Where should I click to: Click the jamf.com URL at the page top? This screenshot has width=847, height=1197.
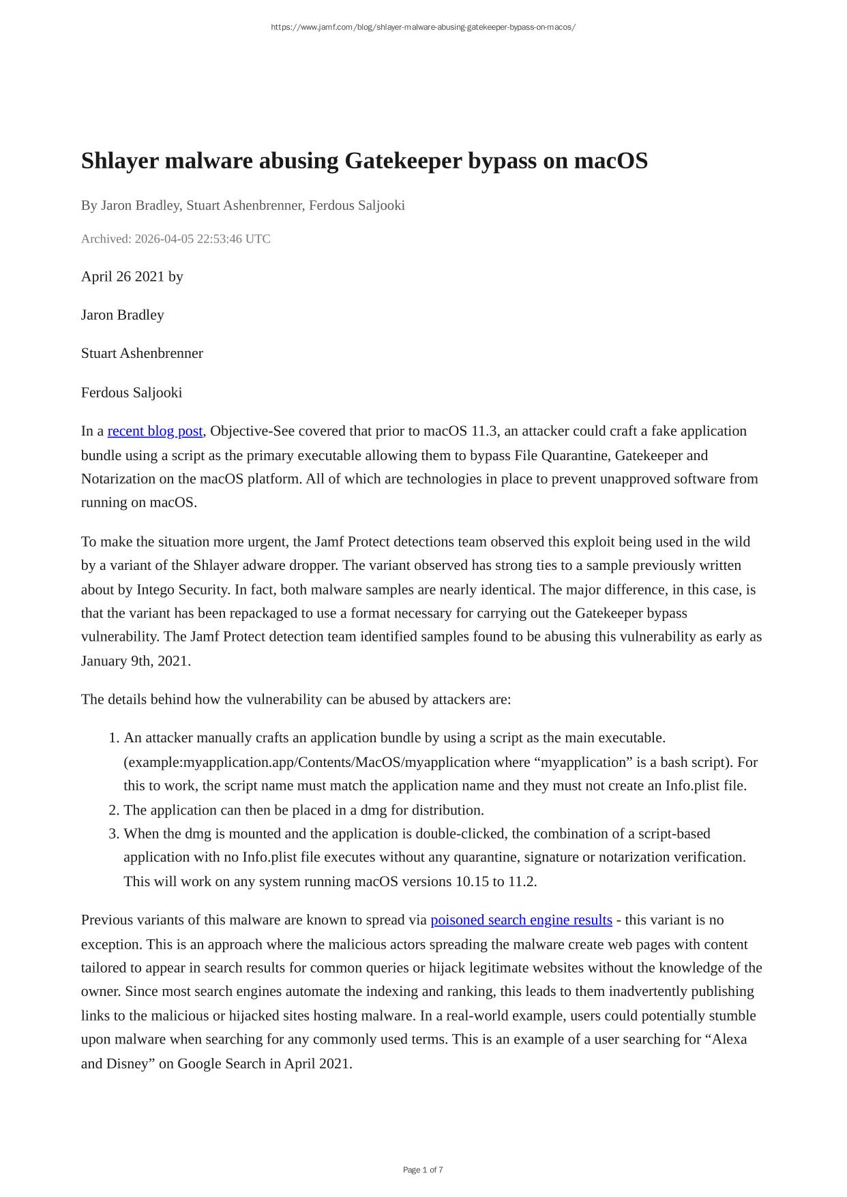(x=423, y=27)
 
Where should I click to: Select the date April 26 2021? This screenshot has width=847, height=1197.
(x=123, y=276)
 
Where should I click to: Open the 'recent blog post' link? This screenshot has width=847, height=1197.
(x=155, y=431)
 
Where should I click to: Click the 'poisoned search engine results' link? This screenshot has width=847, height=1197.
(x=521, y=920)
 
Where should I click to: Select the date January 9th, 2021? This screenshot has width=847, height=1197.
(x=135, y=661)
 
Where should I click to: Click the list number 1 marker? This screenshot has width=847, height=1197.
(x=114, y=738)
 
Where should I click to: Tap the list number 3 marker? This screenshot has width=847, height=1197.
(x=114, y=833)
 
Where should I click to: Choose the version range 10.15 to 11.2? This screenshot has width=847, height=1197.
(x=496, y=881)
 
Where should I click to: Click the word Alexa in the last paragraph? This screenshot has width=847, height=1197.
(x=729, y=1039)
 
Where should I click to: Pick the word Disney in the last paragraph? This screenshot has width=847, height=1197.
(x=127, y=1063)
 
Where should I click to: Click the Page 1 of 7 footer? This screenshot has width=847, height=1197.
(x=423, y=1170)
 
